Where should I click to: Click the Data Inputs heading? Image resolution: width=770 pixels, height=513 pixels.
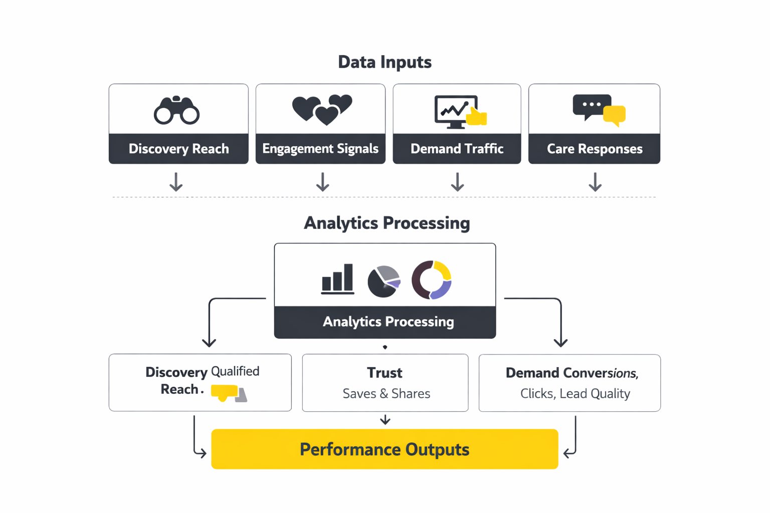tap(384, 62)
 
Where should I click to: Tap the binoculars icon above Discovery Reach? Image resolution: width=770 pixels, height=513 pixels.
tap(176, 110)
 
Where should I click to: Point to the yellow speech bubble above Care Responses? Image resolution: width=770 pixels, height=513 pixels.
tap(615, 115)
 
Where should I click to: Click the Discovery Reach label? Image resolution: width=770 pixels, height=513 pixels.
tap(178, 149)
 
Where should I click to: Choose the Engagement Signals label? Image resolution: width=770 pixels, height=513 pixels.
tap(320, 149)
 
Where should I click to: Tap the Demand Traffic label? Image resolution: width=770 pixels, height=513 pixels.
tap(457, 149)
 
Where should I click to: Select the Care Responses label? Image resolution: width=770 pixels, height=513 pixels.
tap(595, 149)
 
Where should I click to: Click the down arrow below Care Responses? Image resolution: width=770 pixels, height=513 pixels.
tap(595, 182)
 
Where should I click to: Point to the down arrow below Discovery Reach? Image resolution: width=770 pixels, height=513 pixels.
tap(176, 182)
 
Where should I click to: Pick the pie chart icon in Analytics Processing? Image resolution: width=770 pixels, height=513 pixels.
tap(384, 282)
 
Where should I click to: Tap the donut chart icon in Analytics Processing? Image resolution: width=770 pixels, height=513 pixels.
tap(432, 280)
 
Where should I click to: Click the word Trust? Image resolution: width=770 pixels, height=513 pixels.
tap(384, 373)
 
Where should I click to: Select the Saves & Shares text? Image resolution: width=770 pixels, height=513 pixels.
tap(386, 394)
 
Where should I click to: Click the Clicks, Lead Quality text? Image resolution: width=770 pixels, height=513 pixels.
tap(575, 394)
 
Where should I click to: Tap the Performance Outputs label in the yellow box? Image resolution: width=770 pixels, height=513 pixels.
tap(384, 449)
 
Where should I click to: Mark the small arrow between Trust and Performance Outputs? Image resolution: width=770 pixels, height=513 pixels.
tap(385, 420)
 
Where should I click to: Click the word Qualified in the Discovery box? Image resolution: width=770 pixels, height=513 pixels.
tap(235, 371)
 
